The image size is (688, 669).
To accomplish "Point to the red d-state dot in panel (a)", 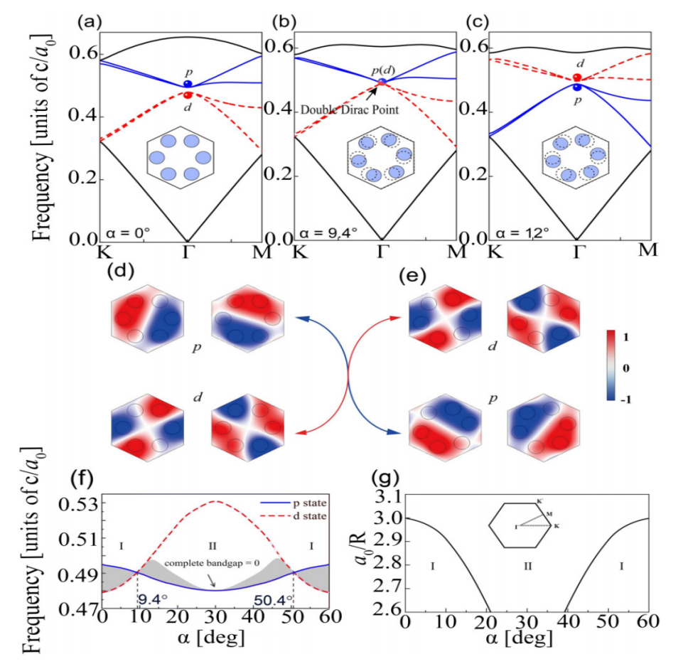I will pos(188,95).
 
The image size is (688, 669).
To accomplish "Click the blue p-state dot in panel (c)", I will pos(577,87).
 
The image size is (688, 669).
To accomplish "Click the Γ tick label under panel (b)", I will pos(382,250).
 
